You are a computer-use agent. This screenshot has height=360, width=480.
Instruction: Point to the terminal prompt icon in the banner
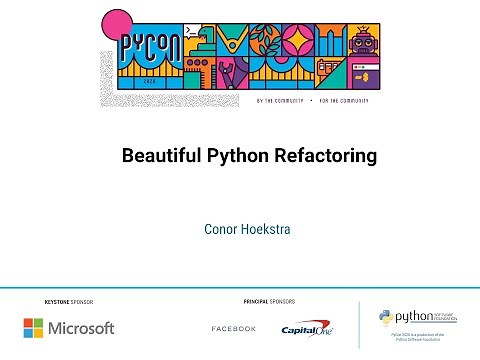205,33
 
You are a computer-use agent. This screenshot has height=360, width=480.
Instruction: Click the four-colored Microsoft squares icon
35,328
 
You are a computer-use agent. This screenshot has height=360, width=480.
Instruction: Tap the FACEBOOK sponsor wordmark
234,329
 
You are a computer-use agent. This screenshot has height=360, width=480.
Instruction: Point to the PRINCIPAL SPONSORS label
269,301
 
